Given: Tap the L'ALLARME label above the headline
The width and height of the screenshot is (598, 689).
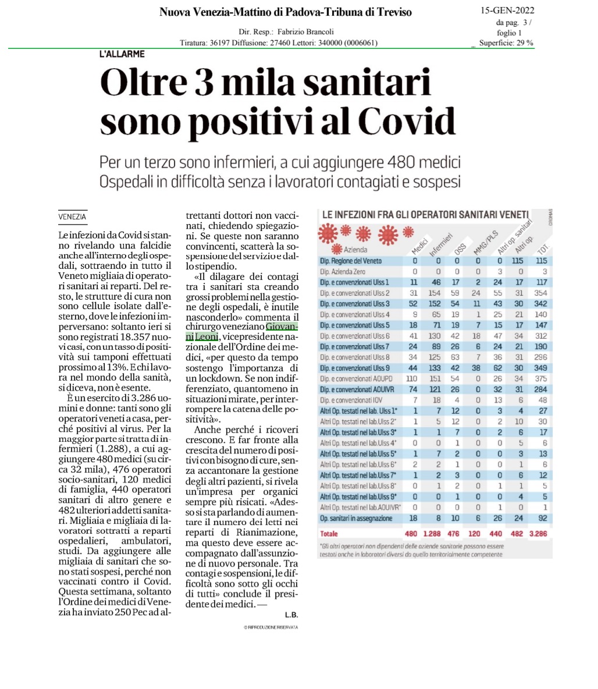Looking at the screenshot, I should click(123, 54).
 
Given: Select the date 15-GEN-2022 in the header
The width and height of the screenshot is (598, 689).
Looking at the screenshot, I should click(507, 10).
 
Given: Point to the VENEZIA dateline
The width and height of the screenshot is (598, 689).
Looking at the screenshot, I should click(73, 216).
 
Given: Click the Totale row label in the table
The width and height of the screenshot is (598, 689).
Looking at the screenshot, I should click(329, 533).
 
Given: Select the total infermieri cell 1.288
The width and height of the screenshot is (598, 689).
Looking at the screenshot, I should click(432, 533).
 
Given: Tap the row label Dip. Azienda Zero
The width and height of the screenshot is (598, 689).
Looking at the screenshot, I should click(343, 271).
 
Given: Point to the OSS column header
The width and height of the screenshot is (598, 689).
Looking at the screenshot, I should click(460, 248).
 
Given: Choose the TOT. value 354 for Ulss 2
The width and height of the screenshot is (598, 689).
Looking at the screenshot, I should click(542, 293).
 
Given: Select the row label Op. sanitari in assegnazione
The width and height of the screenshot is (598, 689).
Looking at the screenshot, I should click(356, 518).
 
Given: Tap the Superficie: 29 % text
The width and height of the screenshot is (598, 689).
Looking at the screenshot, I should click(506, 42).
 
